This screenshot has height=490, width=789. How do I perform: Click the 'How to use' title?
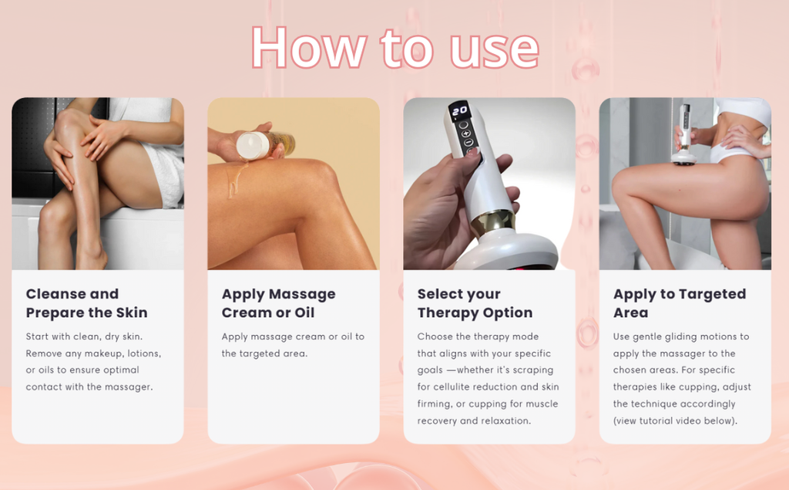tap(394, 48)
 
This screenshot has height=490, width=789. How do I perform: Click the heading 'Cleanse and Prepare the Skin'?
tap(86, 303)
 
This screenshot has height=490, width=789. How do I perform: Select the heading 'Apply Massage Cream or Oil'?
tap(279, 303)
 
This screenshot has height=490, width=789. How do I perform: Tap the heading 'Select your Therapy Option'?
tap(475, 303)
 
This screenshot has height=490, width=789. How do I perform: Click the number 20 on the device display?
tap(460, 112)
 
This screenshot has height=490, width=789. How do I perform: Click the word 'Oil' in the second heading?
tap(303, 313)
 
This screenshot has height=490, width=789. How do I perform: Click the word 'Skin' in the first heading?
tap(132, 313)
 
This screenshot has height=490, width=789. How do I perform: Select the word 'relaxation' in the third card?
tap(505, 421)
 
